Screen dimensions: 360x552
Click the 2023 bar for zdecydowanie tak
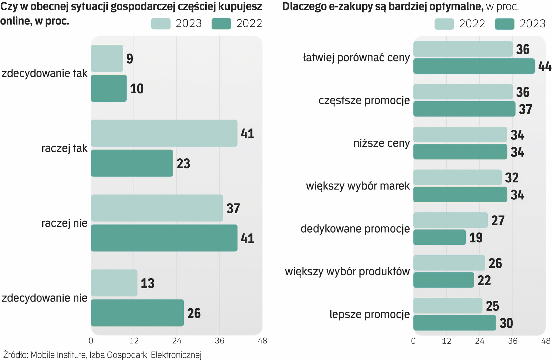tap(107, 58)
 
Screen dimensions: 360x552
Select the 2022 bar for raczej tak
tap(132, 163)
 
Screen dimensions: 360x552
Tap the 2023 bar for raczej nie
tap(157, 208)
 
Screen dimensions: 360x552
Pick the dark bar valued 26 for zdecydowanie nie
tap(137, 313)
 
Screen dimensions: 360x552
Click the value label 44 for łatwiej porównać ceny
tap(545, 66)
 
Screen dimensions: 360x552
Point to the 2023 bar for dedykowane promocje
tap(439, 237)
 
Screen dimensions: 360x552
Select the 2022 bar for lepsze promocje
tap(448, 306)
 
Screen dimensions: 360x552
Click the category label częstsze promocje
tap(364, 100)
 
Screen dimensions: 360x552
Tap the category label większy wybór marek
tap(358, 186)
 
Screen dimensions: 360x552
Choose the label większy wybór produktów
tap(347, 271)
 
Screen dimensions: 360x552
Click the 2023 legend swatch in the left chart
tap(161, 24)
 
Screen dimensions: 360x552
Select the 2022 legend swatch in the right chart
tap(444, 24)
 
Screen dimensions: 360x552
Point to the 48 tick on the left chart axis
tap(262, 341)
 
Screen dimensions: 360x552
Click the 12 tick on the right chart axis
tap(446, 341)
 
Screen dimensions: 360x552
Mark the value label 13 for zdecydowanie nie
tap(147, 283)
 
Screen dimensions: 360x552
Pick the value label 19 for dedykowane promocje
tap(476, 238)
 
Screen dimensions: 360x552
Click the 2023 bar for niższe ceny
tap(460, 152)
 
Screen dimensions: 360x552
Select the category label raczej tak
tap(64, 148)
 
